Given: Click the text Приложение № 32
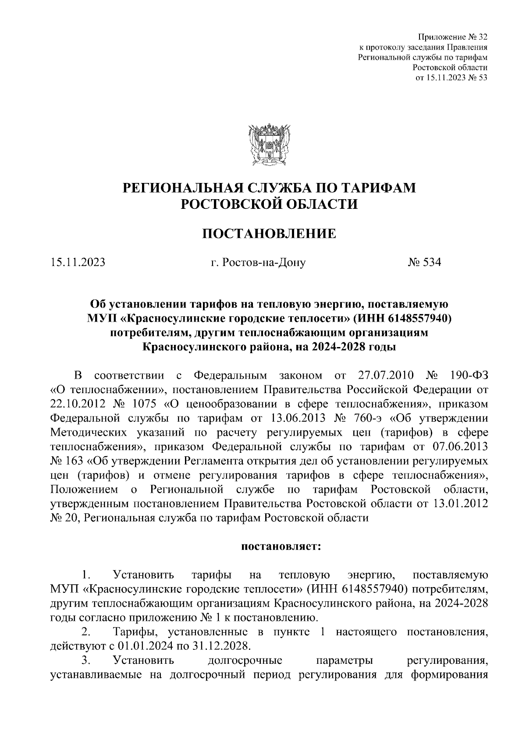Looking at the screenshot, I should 453,36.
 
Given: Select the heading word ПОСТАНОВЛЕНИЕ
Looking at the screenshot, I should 269,234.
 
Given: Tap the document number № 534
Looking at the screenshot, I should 424,262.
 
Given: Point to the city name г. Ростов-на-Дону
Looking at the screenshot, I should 258,262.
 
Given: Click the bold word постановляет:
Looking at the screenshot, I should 281,547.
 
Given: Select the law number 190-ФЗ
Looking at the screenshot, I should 469,376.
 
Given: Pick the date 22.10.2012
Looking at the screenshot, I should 76,404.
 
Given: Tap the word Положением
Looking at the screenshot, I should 84,489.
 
